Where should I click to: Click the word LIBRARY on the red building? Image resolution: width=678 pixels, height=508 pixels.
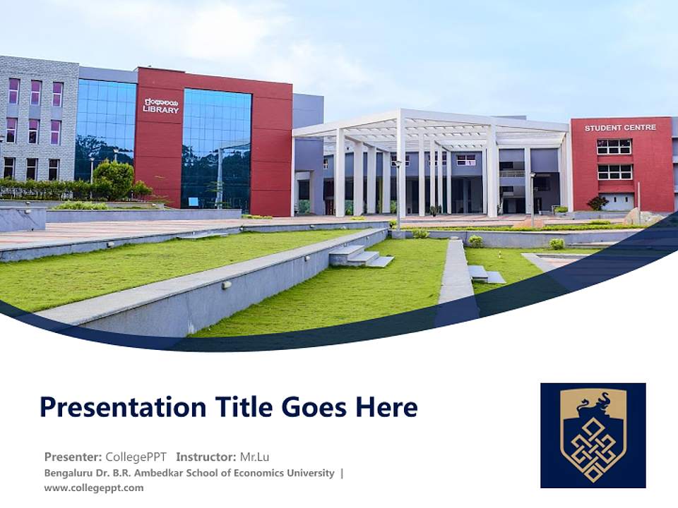click(x=161, y=110)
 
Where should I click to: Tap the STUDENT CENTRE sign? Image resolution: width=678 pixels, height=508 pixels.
click(x=620, y=128)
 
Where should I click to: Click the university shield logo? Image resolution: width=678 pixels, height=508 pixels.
click(x=593, y=435)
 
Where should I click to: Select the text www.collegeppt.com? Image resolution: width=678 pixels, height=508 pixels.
click(x=94, y=488)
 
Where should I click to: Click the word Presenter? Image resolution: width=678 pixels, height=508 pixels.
click(x=73, y=456)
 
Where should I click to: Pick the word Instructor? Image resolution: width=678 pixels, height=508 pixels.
click(x=206, y=456)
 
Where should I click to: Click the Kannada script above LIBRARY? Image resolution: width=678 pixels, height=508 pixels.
click(x=160, y=102)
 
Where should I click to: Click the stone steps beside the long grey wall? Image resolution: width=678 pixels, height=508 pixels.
click(x=361, y=256)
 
